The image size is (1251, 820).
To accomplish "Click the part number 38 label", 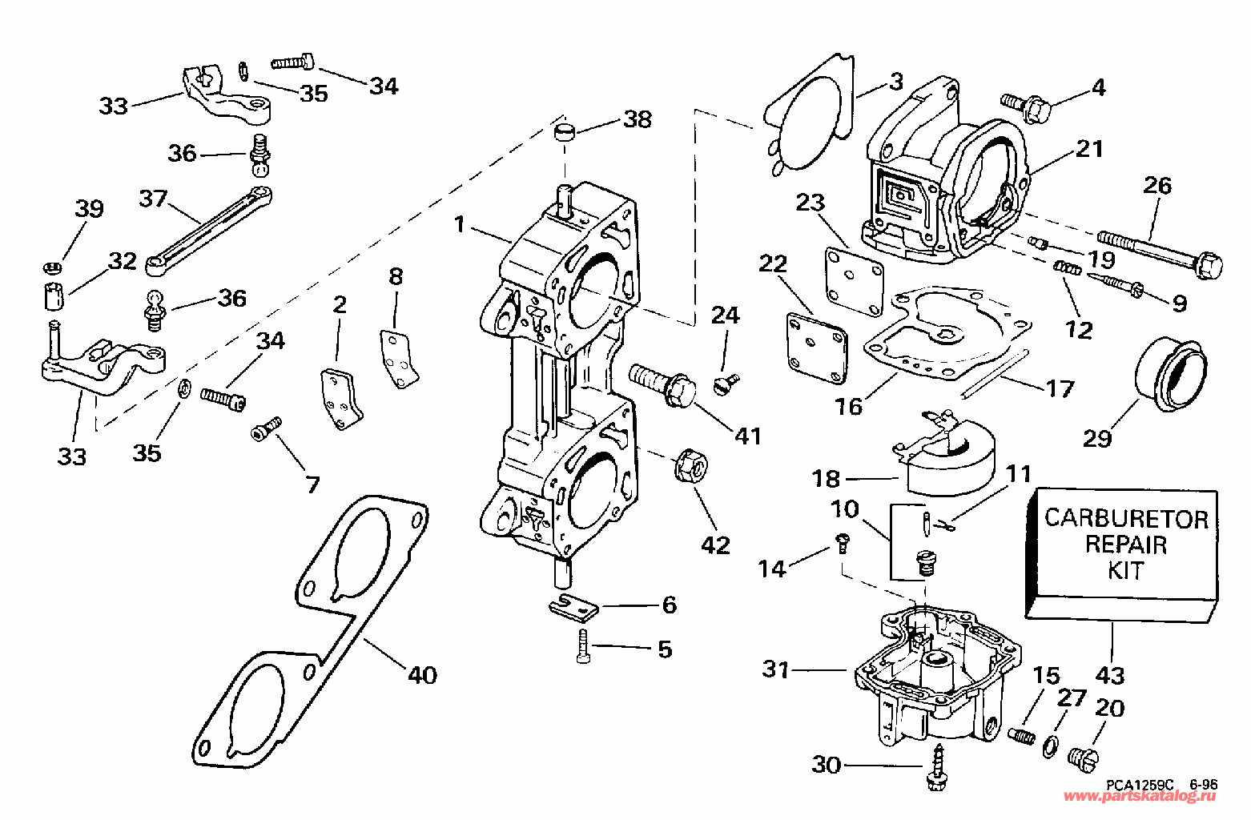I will point(638,119).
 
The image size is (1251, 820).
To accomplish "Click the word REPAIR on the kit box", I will point(1125,545).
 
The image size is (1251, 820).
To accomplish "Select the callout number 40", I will point(422,676).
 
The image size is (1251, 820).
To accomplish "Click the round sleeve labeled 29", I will point(1172,374).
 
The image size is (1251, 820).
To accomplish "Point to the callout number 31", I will point(775,669).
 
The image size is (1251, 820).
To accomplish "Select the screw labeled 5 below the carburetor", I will point(581,645).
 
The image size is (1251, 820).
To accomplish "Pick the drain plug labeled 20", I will point(1084,754).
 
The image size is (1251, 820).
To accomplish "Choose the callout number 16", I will point(849,407).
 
